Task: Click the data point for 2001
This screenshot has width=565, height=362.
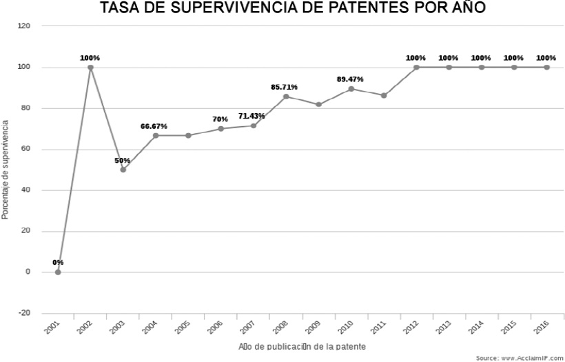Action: (58, 272)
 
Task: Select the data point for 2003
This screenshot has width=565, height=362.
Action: (123, 169)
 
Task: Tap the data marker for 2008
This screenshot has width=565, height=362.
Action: (286, 97)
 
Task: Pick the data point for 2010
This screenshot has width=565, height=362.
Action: (351, 89)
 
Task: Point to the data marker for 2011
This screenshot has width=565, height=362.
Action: (384, 95)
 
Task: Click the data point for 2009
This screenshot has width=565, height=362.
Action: (318, 105)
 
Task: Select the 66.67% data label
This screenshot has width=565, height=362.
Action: (154, 126)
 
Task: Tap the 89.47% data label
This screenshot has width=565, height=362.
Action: (350, 79)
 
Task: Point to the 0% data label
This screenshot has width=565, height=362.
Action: (58, 262)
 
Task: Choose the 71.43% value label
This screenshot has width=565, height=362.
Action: (252, 116)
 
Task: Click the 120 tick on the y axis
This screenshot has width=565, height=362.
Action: (25, 26)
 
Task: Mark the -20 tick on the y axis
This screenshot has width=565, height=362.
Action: (25, 313)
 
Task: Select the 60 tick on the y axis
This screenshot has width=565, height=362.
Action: (27, 149)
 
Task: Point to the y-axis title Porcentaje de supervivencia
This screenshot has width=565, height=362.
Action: (6, 170)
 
